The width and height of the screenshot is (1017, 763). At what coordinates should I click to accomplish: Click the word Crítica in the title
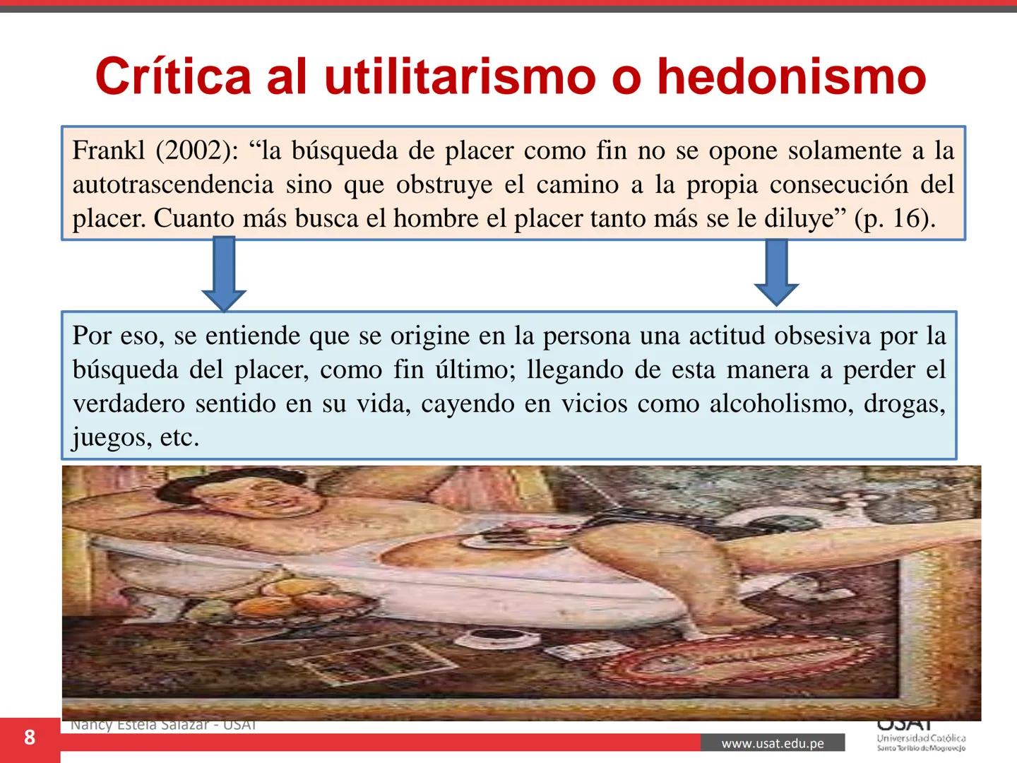click(173, 76)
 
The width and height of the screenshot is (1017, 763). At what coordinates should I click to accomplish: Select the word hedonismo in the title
click(791, 76)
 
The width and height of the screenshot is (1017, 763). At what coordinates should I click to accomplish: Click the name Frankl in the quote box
click(108, 150)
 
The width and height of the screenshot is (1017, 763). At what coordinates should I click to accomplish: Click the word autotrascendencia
click(172, 184)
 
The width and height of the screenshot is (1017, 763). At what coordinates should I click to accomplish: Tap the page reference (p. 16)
click(893, 218)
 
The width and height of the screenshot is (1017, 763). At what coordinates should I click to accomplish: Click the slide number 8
click(29, 738)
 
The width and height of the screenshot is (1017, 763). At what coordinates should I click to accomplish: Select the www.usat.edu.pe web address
click(773, 743)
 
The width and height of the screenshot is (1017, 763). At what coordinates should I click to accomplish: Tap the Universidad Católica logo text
click(921, 738)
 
